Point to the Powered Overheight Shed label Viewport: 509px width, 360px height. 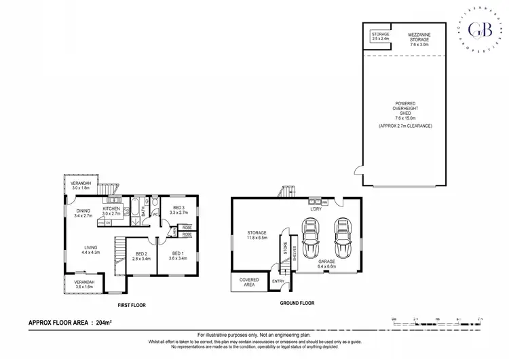pos(405,111)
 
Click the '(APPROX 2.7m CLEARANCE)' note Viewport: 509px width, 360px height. pos(405,126)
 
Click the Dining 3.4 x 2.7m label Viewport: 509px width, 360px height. pos(83,213)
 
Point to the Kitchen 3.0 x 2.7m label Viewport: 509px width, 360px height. pos(111,211)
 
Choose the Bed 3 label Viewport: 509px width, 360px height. pos(178,209)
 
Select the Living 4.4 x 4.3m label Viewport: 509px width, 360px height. pos(91,250)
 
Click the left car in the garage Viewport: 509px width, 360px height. pos(312,238)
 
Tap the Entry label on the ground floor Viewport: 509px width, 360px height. pos(278,281)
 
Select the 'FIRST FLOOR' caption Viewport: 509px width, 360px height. pos(133,304)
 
